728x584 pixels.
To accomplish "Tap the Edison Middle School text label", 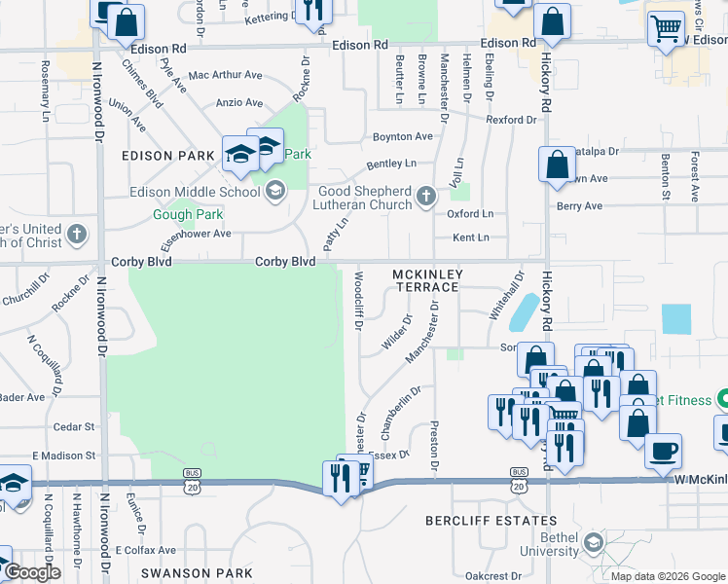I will click(195, 192).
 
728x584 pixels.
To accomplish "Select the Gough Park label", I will click(188, 215).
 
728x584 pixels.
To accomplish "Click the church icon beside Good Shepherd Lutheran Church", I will click(424, 198).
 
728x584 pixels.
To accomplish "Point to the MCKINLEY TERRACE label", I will click(426, 281).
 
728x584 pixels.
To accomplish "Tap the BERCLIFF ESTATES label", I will click(491, 522).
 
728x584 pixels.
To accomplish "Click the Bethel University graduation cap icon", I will click(593, 539).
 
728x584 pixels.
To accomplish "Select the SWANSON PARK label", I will click(186, 573).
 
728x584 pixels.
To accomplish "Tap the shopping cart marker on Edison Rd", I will click(666, 27).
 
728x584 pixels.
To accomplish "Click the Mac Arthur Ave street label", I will click(225, 75).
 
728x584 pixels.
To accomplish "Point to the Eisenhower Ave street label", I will click(196, 234).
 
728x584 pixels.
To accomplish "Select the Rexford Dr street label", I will click(511, 120).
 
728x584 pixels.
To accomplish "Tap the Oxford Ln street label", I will click(470, 214).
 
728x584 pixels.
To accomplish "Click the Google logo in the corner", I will click(33, 573).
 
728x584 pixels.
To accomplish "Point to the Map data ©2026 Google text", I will click(667, 576).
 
